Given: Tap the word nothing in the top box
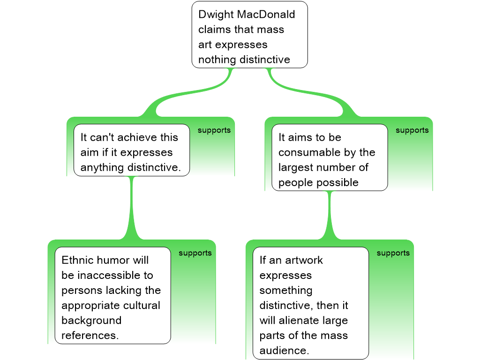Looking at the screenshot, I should point(217,60).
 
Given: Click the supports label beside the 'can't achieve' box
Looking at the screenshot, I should point(214,130).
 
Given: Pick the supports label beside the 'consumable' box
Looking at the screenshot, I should point(412,130).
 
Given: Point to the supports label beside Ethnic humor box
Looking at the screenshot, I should point(195,253).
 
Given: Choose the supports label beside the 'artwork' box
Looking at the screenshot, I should point(393,253).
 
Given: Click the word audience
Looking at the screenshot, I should point(284,350).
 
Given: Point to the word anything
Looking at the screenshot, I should point(102,167).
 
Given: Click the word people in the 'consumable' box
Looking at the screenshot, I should point(293,182).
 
